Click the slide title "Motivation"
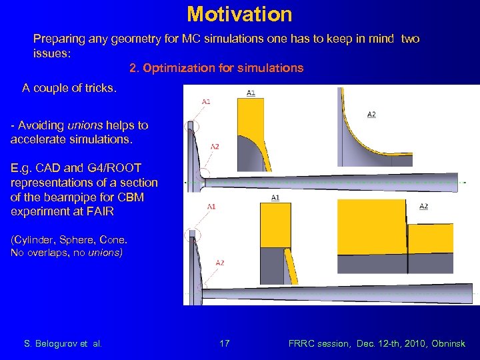[x=239, y=13]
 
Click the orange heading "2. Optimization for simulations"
[x=216, y=68]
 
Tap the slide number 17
[x=225, y=343]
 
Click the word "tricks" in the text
[x=100, y=87]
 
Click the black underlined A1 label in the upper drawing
[x=251, y=93]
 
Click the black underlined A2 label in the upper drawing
[x=371, y=114]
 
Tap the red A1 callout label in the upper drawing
[x=206, y=101]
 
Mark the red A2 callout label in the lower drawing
[x=219, y=263]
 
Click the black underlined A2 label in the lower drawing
[x=423, y=206]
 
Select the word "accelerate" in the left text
[x=38, y=140]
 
